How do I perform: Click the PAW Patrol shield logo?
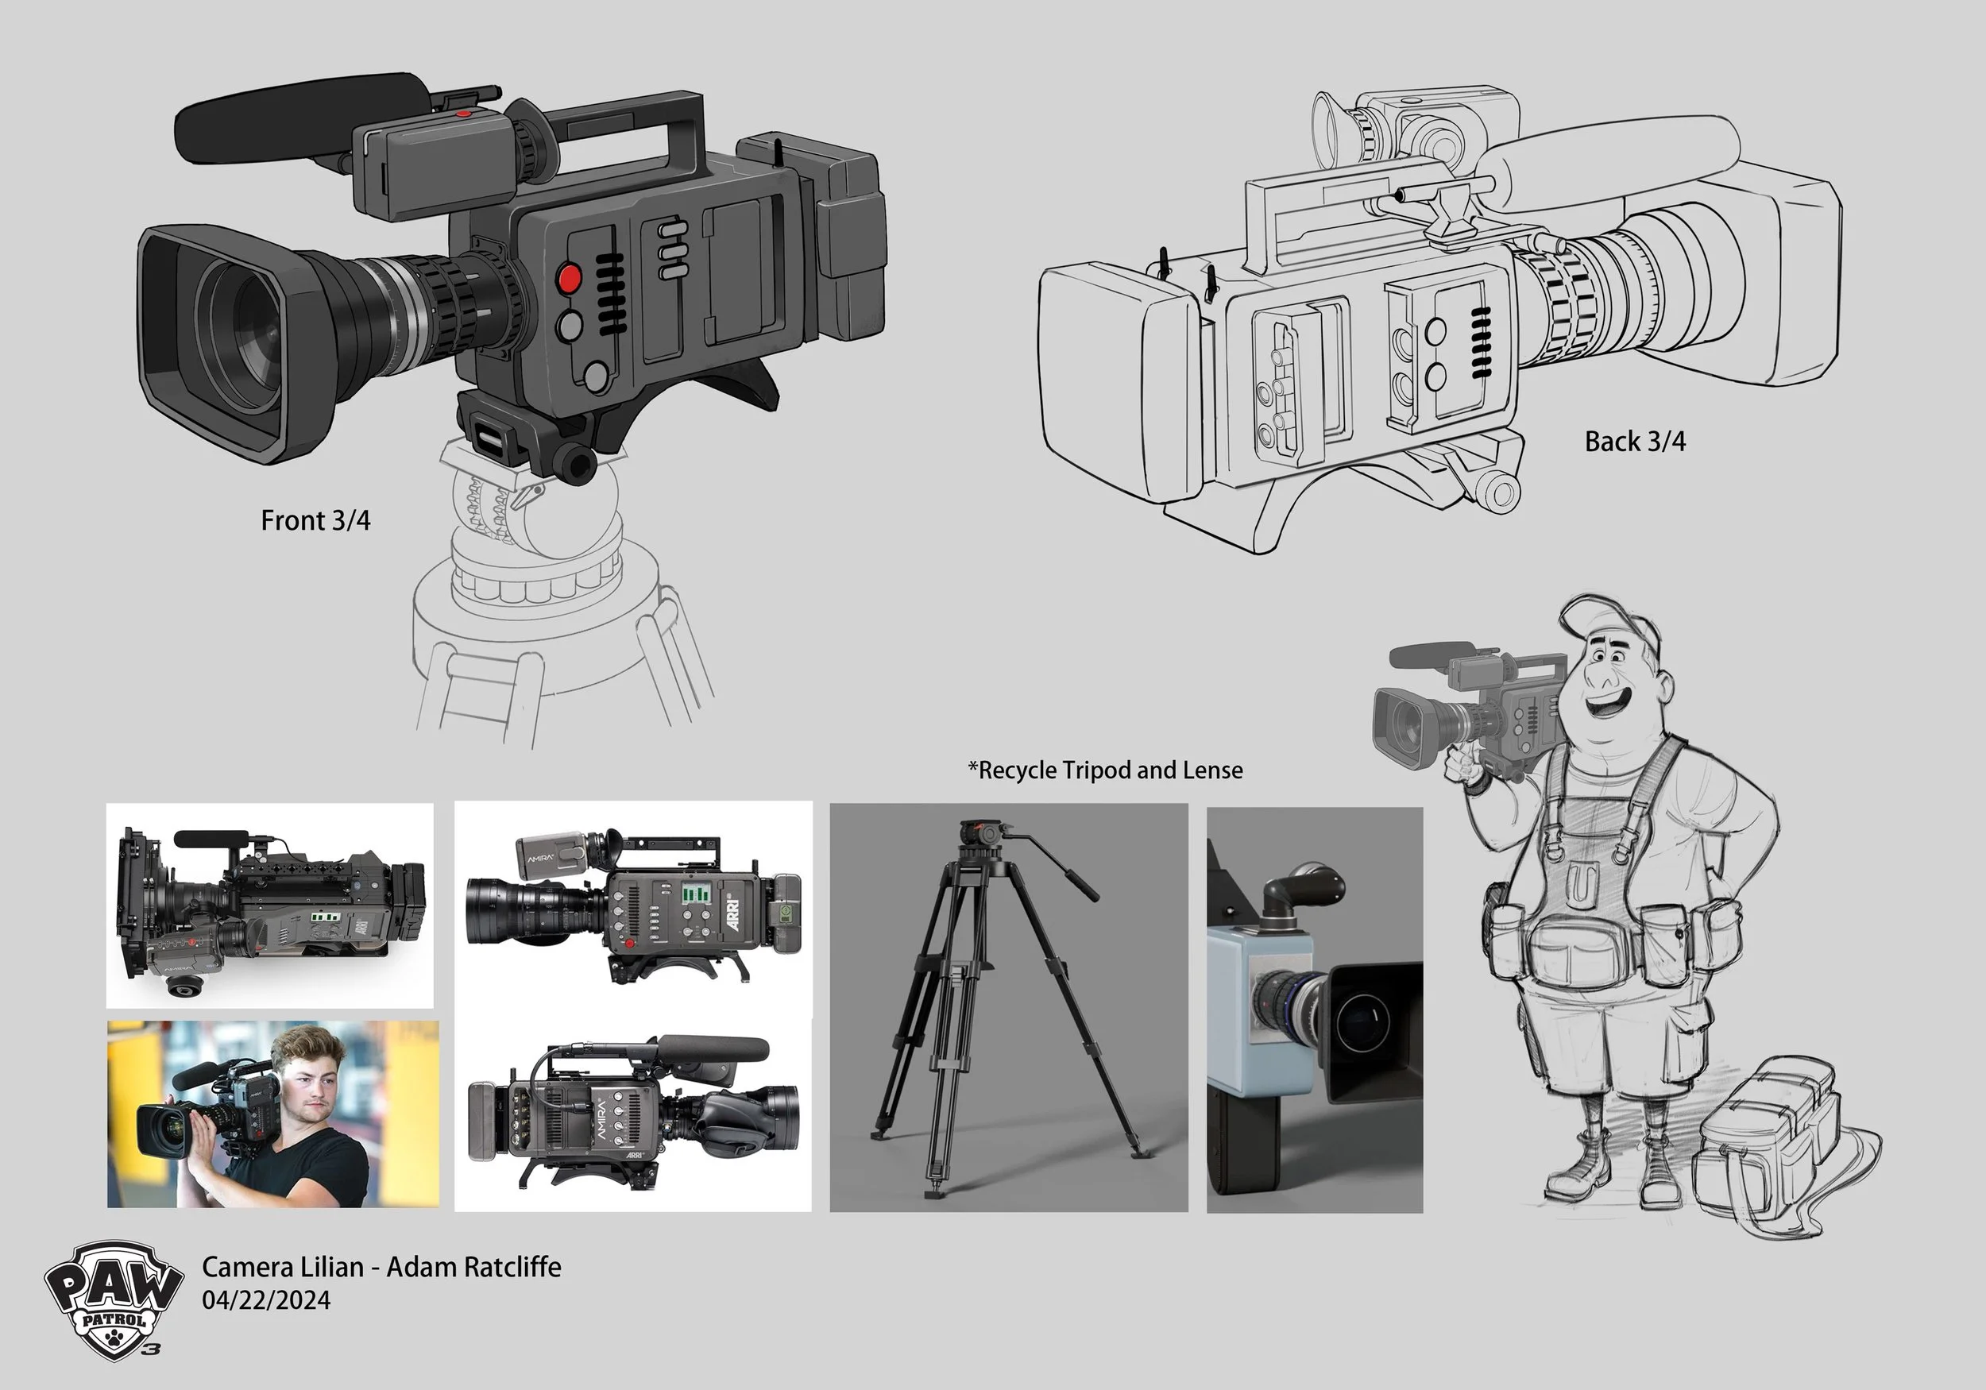point(114,1300)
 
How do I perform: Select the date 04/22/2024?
point(266,1301)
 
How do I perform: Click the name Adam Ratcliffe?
point(474,1267)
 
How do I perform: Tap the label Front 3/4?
point(315,521)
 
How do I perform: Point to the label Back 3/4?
point(1635,441)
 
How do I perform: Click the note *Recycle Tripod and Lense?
point(1106,770)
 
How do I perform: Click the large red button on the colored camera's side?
point(569,279)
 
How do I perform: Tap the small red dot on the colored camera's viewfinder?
point(464,114)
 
